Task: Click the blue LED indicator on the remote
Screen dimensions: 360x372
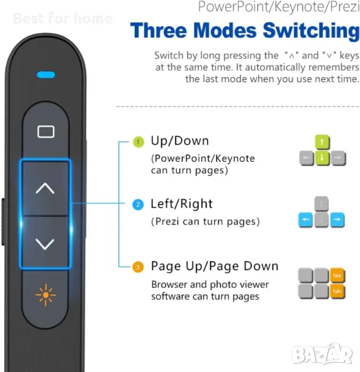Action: pyautogui.click(x=46, y=75)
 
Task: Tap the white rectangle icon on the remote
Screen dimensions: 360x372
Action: pyautogui.click(x=46, y=131)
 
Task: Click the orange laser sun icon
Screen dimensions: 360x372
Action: pyautogui.click(x=45, y=295)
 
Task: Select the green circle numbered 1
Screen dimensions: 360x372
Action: pyautogui.click(x=138, y=142)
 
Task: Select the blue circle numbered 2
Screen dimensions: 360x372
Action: pyautogui.click(x=138, y=205)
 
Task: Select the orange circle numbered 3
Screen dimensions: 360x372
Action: pyautogui.click(x=138, y=267)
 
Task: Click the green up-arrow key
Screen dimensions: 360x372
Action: pyautogui.click(x=322, y=142)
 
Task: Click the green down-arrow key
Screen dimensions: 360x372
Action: pyautogui.click(x=322, y=157)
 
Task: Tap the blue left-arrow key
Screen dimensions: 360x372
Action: pyautogui.click(x=305, y=219)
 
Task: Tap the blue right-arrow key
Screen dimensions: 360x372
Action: pyautogui.click(x=337, y=219)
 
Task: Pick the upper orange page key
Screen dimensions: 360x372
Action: pyautogui.click(x=338, y=275)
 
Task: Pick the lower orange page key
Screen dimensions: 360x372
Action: pyautogui.click(x=338, y=291)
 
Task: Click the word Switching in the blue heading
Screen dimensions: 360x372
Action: pyautogui.click(x=312, y=31)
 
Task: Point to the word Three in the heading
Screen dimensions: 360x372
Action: pyautogui.click(x=159, y=30)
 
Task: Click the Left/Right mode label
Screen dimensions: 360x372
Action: pyautogui.click(x=182, y=204)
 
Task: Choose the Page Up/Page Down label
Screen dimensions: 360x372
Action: pyautogui.click(x=215, y=266)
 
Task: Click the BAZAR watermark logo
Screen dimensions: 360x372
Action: pyautogui.click(x=323, y=353)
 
